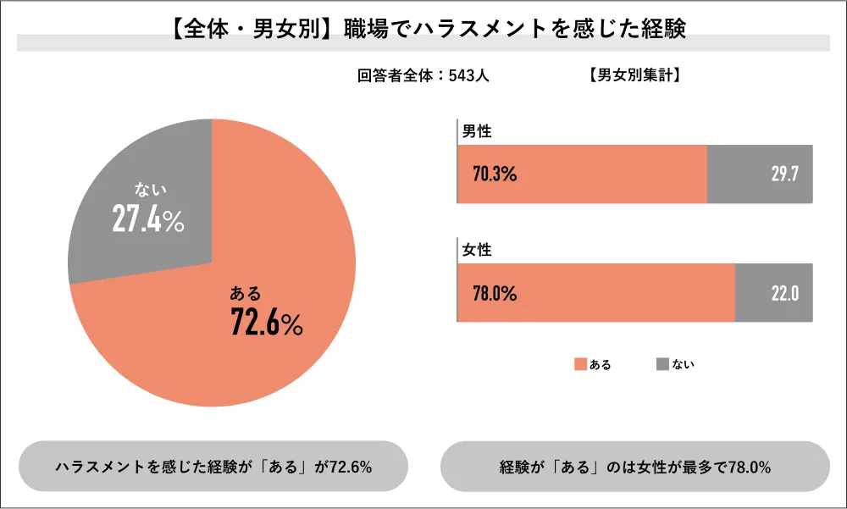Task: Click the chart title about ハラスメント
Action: tap(429, 29)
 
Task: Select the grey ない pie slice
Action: tap(146, 205)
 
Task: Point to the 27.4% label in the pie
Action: tap(148, 219)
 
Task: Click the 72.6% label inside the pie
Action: tap(267, 322)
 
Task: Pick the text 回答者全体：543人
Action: tap(423, 75)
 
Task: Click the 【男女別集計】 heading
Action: tap(634, 75)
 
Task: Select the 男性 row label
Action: tap(476, 131)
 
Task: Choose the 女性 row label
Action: tap(476, 250)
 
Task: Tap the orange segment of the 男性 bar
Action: tap(583, 174)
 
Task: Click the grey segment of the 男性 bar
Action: tap(760, 174)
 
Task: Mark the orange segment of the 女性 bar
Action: tap(596, 293)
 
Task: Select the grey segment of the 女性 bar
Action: tap(774, 293)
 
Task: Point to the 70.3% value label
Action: tap(495, 174)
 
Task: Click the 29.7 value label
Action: tap(785, 174)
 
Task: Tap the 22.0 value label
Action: tap(785, 293)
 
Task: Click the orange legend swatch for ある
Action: tap(581, 364)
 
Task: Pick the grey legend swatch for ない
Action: tap(663, 364)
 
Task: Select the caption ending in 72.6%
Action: tap(214, 467)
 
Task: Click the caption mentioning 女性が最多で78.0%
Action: tap(635, 467)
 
